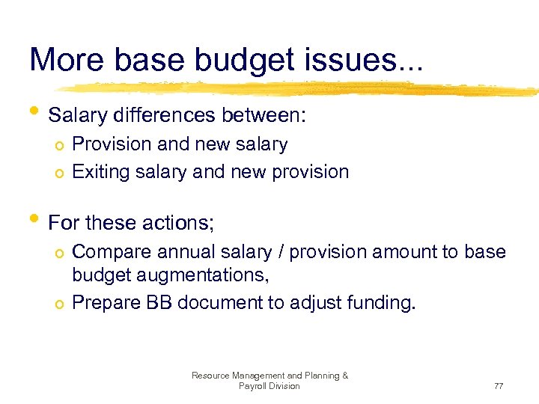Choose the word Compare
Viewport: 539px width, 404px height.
(109, 252)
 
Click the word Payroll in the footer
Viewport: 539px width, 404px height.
(253, 386)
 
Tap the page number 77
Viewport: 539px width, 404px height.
(498, 386)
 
